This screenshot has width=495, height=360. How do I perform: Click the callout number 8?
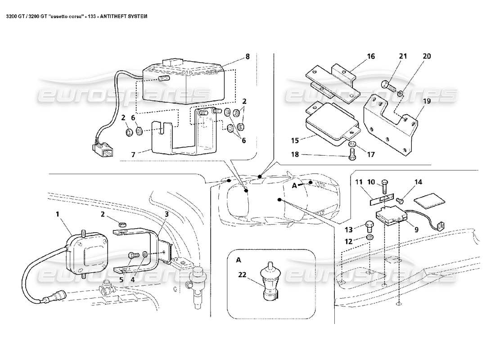(x=247, y=57)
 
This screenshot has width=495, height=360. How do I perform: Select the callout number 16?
(x=370, y=57)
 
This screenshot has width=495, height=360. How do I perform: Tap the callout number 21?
(x=402, y=56)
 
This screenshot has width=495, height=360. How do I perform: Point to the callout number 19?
(x=427, y=101)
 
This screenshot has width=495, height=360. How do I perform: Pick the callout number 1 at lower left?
(x=57, y=215)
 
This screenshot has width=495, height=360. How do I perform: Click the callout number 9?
(x=416, y=229)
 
